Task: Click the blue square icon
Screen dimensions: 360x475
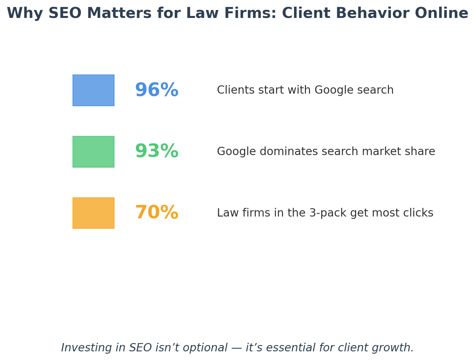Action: (x=93, y=90)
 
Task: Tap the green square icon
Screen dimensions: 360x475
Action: (x=93, y=152)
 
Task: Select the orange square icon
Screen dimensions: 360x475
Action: (x=93, y=213)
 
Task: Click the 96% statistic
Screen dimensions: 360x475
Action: (x=156, y=90)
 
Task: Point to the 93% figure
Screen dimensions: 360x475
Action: (x=156, y=152)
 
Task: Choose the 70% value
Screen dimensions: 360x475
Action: (x=156, y=213)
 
